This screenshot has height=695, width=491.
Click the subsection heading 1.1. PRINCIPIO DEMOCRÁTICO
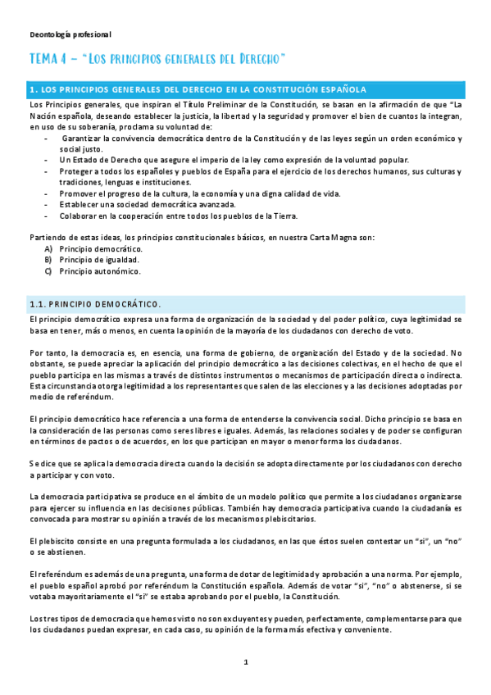[x=95, y=302]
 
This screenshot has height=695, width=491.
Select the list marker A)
[x=49, y=248]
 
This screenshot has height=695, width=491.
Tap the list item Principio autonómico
[x=100, y=270]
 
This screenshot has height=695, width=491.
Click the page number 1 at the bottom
[x=245, y=661]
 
